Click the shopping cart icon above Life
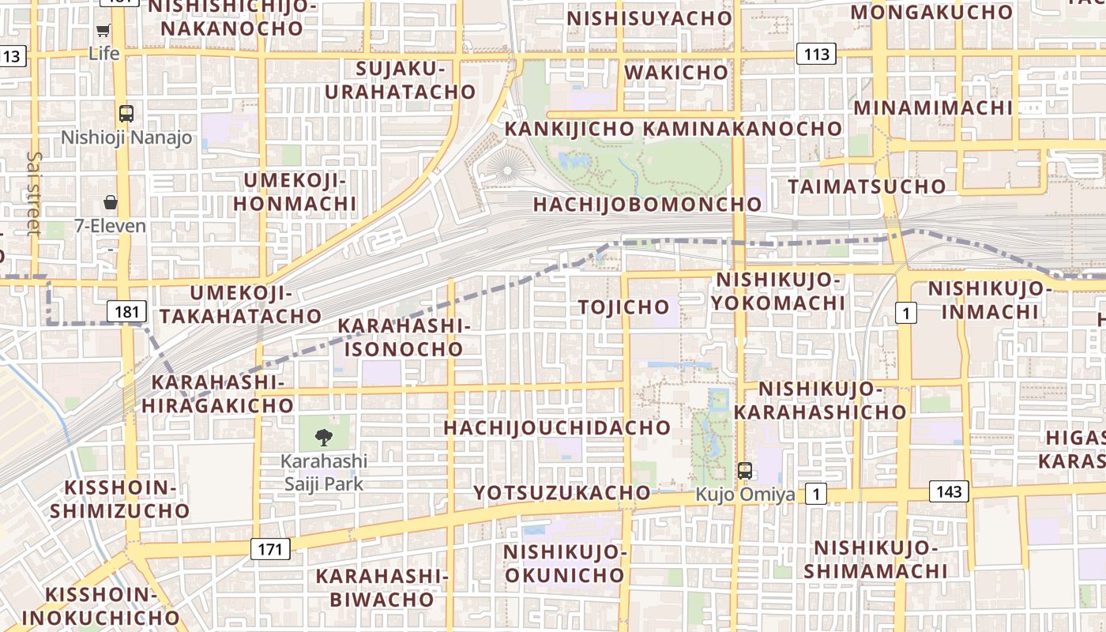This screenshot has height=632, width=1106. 103,31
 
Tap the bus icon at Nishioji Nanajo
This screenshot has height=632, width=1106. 126,113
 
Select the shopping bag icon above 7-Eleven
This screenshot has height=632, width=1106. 111,202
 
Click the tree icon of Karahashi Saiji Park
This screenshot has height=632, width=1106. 323,437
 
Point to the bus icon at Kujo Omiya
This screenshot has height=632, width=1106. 744,471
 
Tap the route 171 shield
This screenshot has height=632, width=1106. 270,549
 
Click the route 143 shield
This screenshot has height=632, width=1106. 949,491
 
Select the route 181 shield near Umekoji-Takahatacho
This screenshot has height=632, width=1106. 126,311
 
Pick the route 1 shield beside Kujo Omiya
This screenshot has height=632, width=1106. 816,495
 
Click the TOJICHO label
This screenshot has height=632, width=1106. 624,307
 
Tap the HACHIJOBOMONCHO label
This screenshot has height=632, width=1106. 647,205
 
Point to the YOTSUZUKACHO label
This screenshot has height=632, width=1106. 562,493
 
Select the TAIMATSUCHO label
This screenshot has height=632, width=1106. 867,186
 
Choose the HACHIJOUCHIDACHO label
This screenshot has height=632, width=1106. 557,428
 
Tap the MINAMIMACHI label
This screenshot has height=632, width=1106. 933,107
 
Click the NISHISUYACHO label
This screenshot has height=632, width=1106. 649,18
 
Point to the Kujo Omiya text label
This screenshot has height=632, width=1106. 745,495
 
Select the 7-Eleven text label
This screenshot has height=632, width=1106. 111,226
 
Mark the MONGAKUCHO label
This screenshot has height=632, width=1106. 931,12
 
